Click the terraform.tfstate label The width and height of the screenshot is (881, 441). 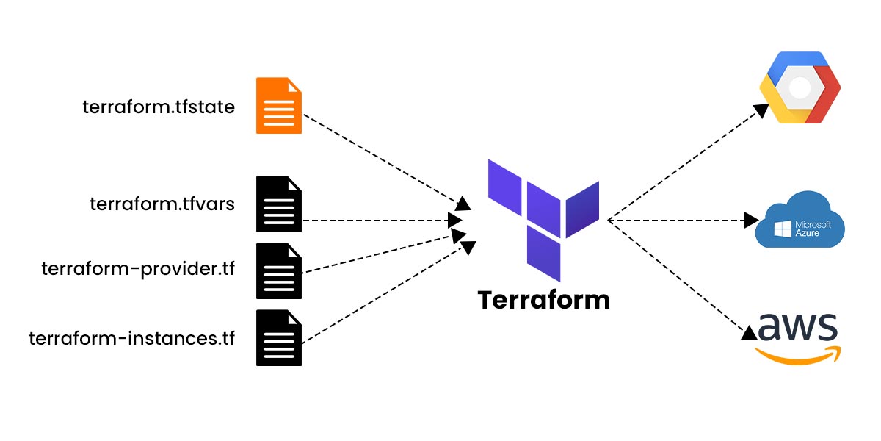(x=159, y=107)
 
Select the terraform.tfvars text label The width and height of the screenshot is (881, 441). (x=162, y=204)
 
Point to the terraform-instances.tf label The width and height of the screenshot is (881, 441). (x=132, y=339)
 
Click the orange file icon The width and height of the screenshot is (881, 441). (x=279, y=106)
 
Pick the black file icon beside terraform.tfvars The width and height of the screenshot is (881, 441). (x=279, y=204)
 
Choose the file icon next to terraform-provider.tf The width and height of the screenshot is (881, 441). (x=279, y=271)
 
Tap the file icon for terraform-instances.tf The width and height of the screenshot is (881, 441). (x=279, y=338)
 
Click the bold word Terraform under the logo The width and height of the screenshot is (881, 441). (x=543, y=300)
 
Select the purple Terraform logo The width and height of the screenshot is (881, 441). (x=543, y=217)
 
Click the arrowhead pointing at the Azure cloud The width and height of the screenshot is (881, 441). (x=750, y=220)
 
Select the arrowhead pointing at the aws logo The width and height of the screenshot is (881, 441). (x=749, y=332)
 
